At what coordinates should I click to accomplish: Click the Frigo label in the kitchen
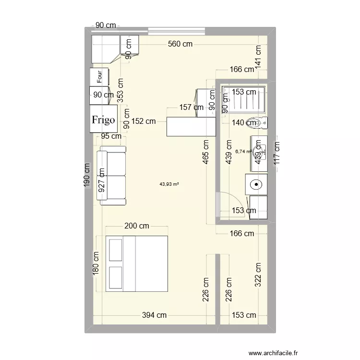tap(104, 120)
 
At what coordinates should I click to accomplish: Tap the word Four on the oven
tap(99, 76)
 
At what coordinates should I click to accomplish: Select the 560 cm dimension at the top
tap(180, 44)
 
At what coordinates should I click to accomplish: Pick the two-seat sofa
tap(112, 177)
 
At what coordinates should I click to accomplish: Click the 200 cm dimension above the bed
tap(136, 226)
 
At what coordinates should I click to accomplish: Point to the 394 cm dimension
tap(155, 315)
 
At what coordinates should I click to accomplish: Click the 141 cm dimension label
tap(258, 57)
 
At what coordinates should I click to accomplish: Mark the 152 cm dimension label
tap(144, 121)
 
